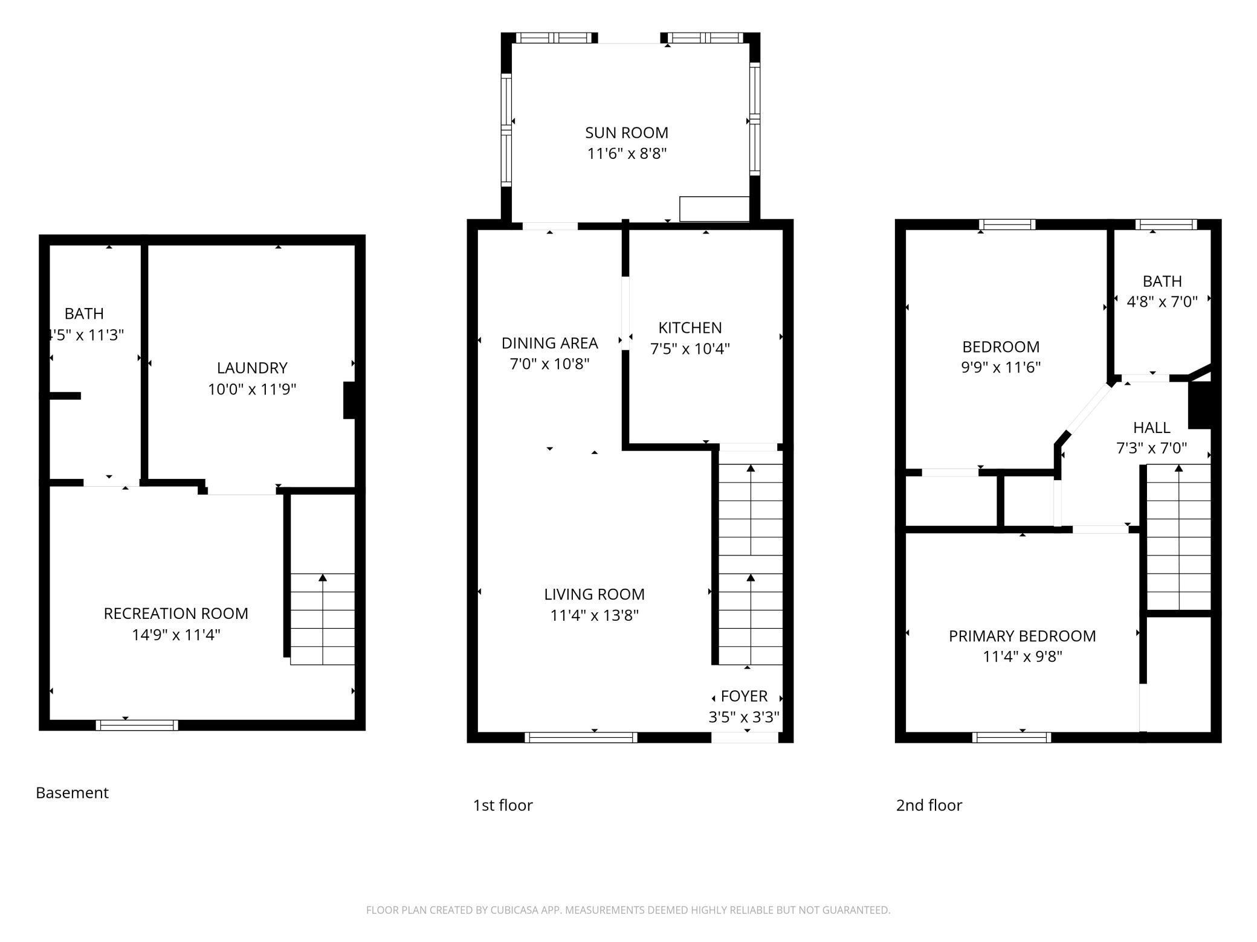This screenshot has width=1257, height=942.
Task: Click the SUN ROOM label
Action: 626,133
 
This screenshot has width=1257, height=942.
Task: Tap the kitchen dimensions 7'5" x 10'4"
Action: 690,349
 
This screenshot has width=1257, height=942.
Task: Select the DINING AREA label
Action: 549,343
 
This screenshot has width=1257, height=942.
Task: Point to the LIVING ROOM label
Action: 594,594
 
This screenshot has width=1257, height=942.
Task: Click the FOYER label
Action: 744,696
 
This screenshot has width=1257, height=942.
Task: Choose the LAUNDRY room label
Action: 252,368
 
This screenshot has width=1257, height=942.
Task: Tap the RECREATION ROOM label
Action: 176,614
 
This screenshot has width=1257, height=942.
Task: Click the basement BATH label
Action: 84,313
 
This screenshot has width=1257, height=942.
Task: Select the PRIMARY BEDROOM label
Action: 1022,636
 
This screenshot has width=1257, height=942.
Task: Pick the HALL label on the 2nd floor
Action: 1151,428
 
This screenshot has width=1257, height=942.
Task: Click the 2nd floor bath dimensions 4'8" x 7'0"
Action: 1162,302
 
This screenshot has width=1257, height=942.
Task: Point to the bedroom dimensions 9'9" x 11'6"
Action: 1001,367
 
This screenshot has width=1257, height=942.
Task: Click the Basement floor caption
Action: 72,793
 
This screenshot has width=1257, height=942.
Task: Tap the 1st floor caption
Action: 502,805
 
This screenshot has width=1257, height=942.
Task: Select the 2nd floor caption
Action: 928,805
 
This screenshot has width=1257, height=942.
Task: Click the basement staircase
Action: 322,619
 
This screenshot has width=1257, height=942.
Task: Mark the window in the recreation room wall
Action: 137,725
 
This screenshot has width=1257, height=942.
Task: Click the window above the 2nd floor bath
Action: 1165,225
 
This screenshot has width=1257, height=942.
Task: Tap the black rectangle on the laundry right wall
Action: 349,400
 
